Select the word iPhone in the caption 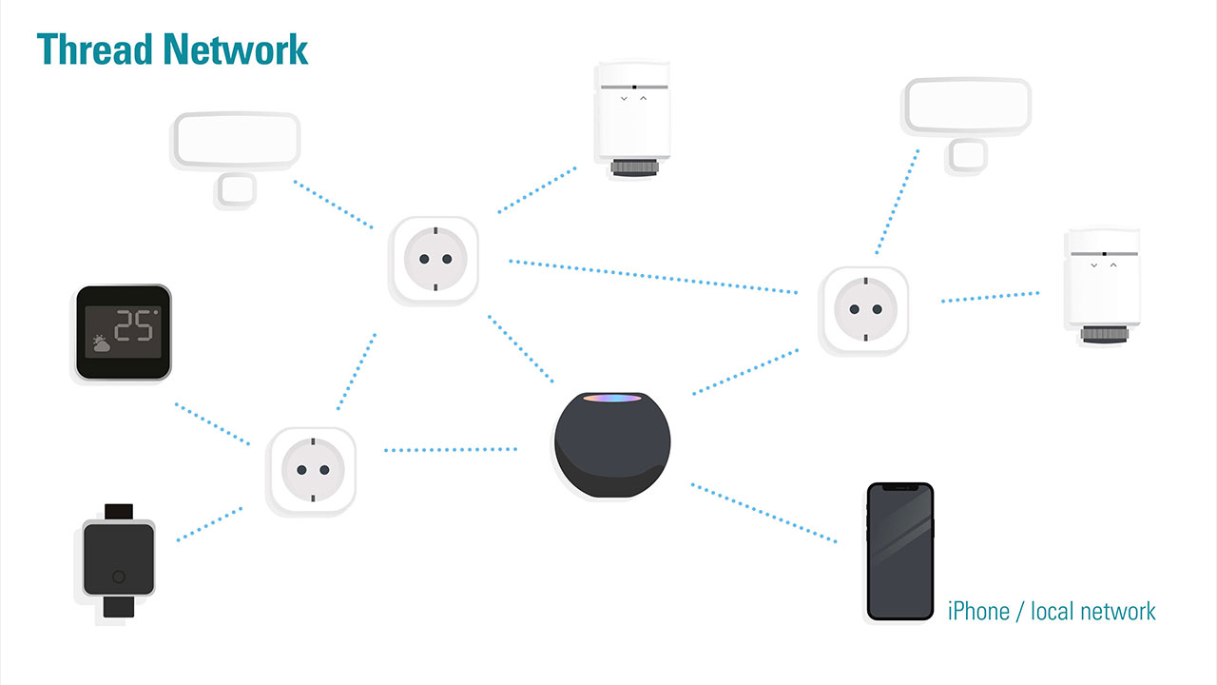pos(979,611)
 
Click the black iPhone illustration pos(899,552)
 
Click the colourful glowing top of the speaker pos(612,397)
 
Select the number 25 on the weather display pos(134,326)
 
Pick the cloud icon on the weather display pos(101,343)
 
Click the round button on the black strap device pos(118,576)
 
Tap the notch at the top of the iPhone pos(899,488)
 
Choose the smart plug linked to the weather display pos(312,470)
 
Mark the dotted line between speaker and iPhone pos(763,513)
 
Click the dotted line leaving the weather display pos(211,423)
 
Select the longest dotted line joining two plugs pos(652,276)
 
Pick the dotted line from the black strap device pos(209,524)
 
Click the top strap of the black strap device pos(119,512)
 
